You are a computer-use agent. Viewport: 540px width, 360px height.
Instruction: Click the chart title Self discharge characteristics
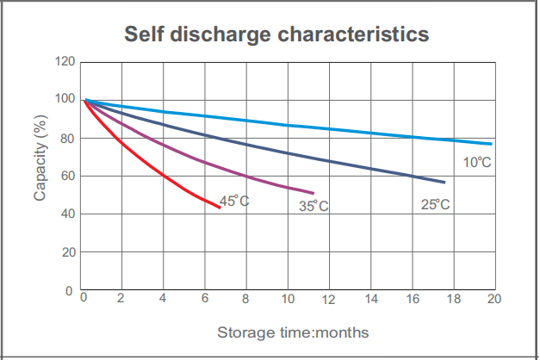pyautogui.click(x=276, y=34)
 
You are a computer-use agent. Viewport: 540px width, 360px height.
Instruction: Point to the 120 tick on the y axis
pyautogui.click(x=65, y=62)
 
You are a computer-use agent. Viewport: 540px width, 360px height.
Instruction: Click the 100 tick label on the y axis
pyautogui.click(x=65, y=100)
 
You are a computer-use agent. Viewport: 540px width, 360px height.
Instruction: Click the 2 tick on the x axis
pyautogui.click(x=121, y=299)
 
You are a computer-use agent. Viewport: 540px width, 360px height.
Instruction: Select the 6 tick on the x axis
pyautogui.click(x=204, y=299)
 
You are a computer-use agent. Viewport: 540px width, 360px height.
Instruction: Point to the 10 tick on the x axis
pyautogui.click(x=287, y=299)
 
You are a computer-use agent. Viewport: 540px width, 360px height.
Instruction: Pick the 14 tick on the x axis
pyautogui.click(x=370, y=299)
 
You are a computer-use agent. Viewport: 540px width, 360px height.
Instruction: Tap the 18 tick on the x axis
pyautogui.click(x=453, y=299)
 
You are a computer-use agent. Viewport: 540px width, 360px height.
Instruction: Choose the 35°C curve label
pyautogui.click(x=313, y=206)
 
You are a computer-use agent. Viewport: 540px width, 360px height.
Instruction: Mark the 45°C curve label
pyautogui.click(x=234, y=201)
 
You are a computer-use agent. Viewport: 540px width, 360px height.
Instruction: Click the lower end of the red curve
pyautogui.click(x=220, y=207)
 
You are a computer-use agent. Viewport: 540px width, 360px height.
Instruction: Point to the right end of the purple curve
pyautogui.click(x=313, y=193)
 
